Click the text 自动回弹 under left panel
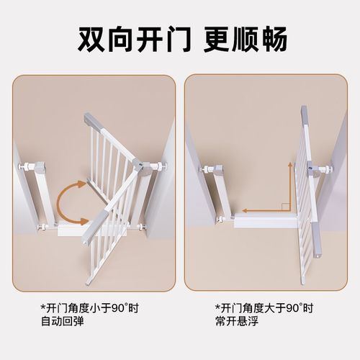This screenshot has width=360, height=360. click(61, 321)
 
